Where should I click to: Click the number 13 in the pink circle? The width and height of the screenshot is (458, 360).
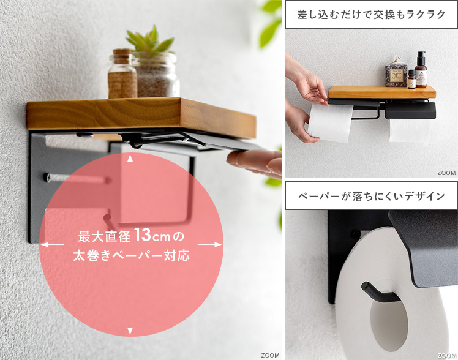click(142, 234)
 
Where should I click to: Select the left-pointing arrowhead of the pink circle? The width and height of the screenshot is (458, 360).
click(45, 244)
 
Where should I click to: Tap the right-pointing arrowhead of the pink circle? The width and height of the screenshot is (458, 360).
click(218, 244)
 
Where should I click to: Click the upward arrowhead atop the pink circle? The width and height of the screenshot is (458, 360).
click(130, 158)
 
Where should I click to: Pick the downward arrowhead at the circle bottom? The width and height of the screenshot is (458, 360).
click(130, 331)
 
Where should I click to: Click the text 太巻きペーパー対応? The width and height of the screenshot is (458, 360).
click(131, 255)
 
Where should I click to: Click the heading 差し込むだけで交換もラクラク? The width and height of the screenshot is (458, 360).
click(371, 14)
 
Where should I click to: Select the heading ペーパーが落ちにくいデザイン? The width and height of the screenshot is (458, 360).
click(371, 196)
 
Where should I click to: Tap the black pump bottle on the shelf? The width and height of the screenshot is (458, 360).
click(421, 69)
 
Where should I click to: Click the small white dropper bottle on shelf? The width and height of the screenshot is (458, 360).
click(411, 79)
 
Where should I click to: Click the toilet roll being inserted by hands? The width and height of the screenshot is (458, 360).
click(330, 122)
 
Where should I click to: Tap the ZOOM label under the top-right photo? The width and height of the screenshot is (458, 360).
click(446, 173)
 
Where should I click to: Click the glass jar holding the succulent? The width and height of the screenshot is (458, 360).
click(156, 75)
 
